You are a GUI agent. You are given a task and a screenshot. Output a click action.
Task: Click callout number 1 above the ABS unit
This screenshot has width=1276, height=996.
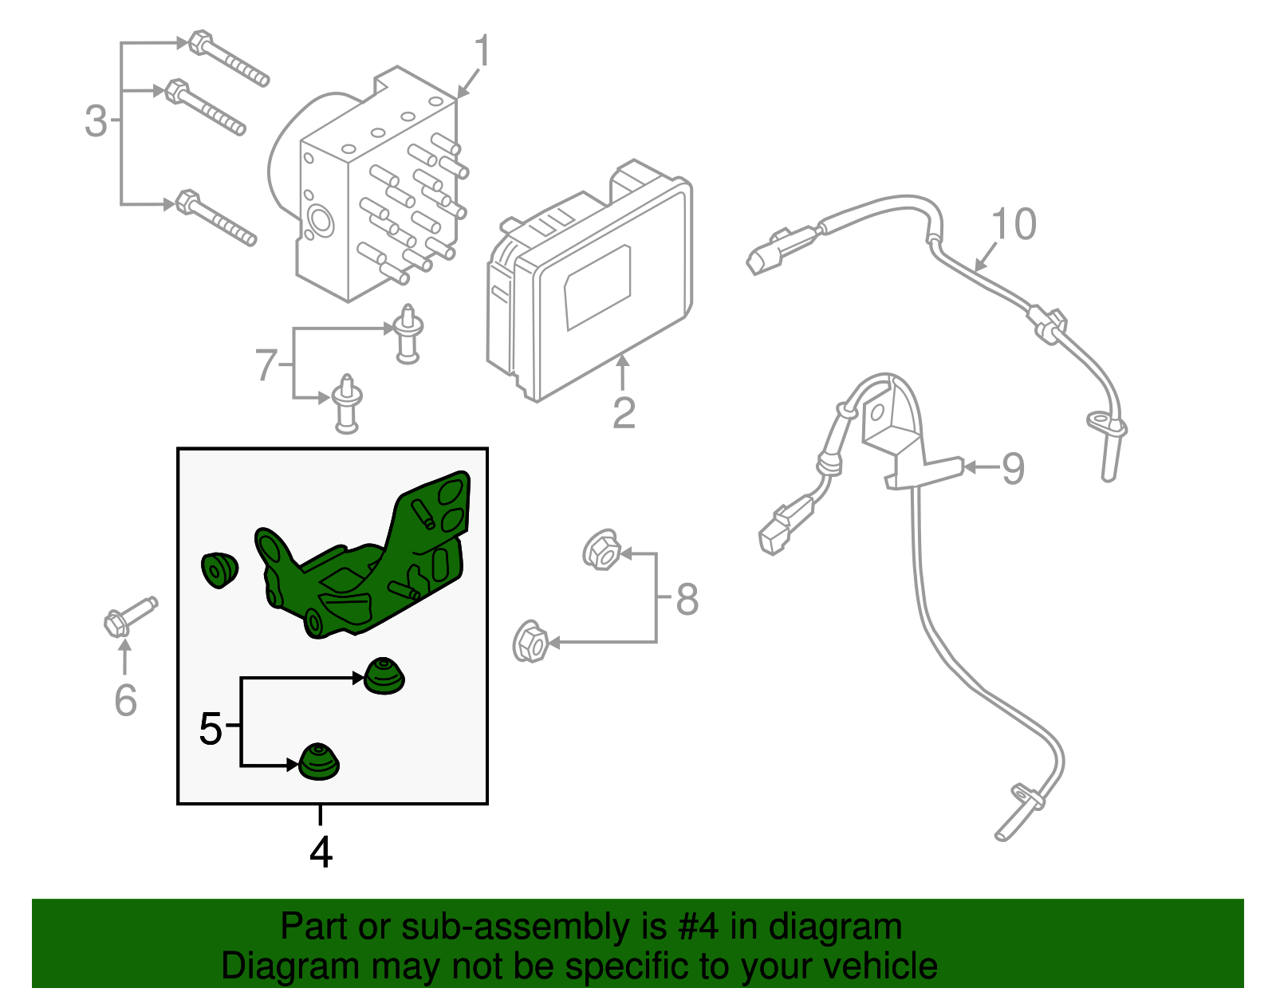click(x=482, y=52)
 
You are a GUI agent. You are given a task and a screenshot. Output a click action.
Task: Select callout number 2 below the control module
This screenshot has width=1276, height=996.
click(x=624, y=412)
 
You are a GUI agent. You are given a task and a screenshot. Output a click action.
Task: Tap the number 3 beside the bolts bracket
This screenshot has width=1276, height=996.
click(x=96, y=121)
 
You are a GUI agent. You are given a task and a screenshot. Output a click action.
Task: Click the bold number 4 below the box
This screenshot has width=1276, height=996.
click(x=321, y=852)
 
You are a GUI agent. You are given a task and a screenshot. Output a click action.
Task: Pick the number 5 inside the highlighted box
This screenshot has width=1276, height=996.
click(x=211, y=729)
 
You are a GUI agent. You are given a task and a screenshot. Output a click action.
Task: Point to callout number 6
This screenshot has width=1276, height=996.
click(x=125, y=700)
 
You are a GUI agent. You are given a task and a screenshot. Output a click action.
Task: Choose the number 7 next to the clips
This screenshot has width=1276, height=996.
click(x=266, y=365)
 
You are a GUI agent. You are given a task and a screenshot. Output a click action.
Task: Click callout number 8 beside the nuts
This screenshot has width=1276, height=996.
click(x=687, y=600)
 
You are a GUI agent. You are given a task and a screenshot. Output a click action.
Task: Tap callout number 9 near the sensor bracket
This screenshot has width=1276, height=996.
click(x=1012, y=468)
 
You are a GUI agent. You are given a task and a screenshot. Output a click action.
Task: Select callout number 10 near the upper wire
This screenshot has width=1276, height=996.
click(x=1014, y=224)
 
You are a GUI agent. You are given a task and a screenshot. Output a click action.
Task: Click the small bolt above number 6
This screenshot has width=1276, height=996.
click(x=129, y=616)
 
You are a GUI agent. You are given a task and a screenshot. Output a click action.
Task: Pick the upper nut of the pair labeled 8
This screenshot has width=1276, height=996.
click(x=602, y=549)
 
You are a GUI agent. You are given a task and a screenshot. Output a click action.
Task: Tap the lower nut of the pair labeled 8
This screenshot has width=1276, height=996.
click(x=530, y=642)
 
